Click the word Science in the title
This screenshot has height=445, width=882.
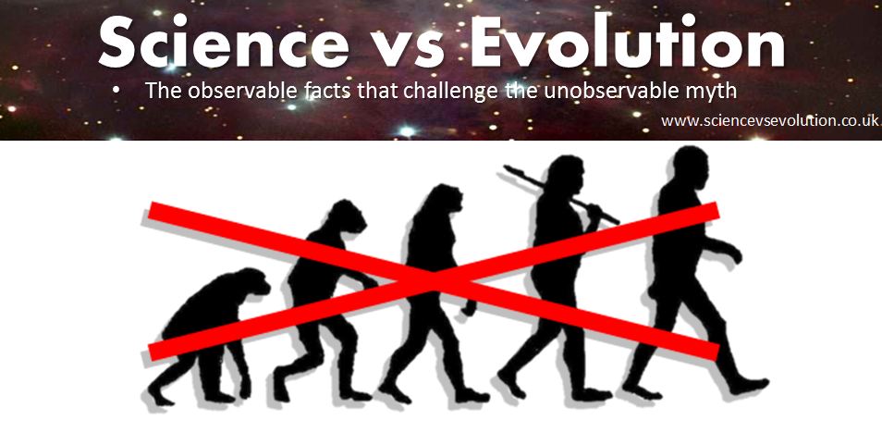(224, 41)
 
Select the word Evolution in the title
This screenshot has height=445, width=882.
(627, 41)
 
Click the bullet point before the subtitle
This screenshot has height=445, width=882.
(116, 90)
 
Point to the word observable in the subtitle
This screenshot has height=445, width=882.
(246, 90)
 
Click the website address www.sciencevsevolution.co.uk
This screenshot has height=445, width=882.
(769, 121)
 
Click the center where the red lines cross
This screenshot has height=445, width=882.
(434, 279)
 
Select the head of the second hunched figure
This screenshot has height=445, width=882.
(346, 216)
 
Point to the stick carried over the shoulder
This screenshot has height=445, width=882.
(561, 194)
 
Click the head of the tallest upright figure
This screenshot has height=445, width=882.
(691, 167)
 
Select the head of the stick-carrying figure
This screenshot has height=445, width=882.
(565, 174)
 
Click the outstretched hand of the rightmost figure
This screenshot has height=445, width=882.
(734, 253)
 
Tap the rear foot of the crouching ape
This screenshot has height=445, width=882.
(160, 396)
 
